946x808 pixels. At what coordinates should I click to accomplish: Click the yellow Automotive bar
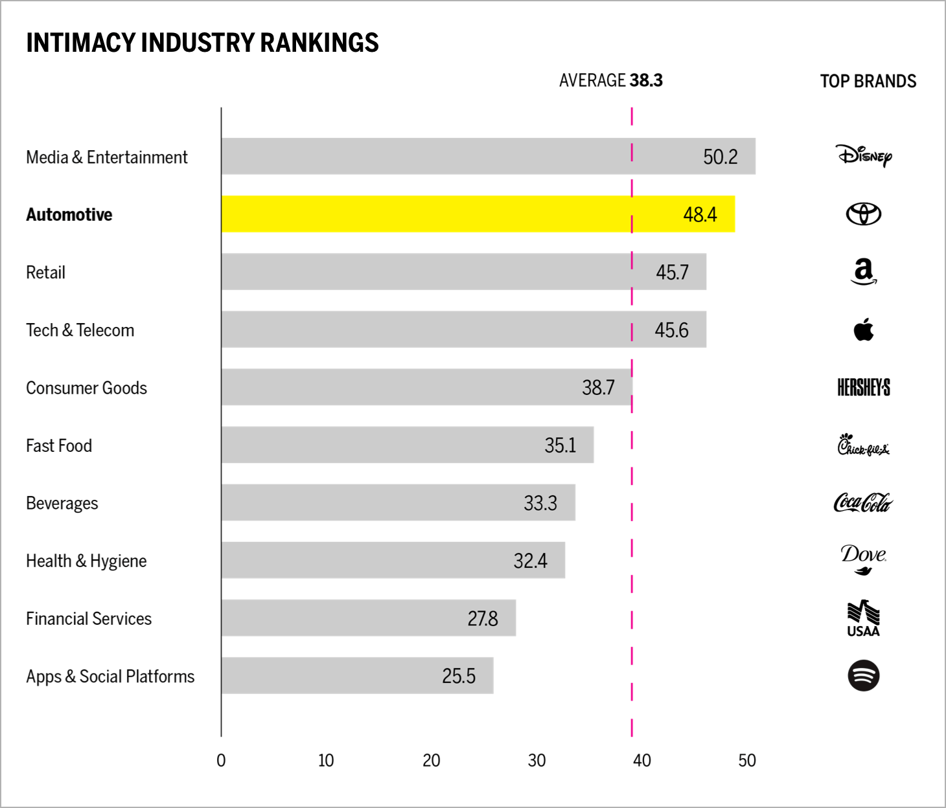tap(478, 214)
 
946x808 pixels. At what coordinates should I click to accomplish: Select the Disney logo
tap(864, 156)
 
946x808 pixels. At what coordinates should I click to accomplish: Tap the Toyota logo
tap(864, 214)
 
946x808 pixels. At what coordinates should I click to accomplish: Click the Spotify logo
tap(864, 676)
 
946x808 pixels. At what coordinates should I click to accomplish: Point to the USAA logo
tap(864, 619)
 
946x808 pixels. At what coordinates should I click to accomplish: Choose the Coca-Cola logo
tap(863, 502)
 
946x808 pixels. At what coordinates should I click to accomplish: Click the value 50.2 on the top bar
tap(720, 157)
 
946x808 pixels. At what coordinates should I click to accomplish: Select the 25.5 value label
tap(459, 676)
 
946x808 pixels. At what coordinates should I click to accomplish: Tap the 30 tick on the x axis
tap(536, 761)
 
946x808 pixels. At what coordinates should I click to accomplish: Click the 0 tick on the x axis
tap(221, 761)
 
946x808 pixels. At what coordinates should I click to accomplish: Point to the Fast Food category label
tap(59, 445)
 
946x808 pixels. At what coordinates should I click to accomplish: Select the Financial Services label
tap(89, 619)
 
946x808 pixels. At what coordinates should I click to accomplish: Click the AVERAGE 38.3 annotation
tap(610, 80)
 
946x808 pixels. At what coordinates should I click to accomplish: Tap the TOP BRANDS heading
tap(868, 81)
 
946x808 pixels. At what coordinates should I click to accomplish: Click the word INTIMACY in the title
tap(81, 43)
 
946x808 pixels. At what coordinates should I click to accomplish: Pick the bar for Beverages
tap(398, 502)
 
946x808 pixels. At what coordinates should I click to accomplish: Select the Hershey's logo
tap(864, 388)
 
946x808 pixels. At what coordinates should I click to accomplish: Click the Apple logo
tap(864, 330)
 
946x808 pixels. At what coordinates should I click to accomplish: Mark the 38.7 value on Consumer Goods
tap(598, 387)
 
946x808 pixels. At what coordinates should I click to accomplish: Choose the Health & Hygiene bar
tap(393, 560)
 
